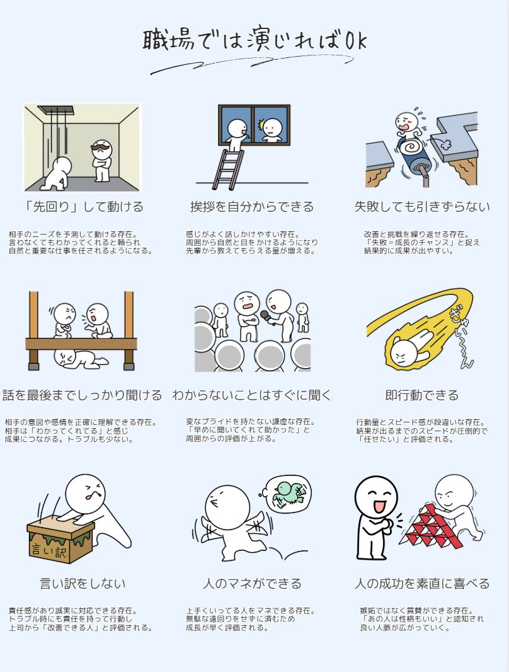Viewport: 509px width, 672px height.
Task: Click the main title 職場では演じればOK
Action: pyautogui.click(x=254, y=42)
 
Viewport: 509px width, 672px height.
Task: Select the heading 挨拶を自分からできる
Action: pyautogui.click(x=252, y=207)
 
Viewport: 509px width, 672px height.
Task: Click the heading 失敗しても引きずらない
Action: pyautogui.click(x=422, y=207)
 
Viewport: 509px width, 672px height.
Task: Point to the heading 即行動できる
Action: pyautogui.click(x=422, y=395)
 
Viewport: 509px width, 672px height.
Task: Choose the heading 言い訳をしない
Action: pyautogui.click(x=83, y=583)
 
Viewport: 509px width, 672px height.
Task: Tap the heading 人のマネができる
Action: pyautogui.click(x=252, y=583)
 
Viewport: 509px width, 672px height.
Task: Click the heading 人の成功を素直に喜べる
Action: pyautogui.click(x=422, y=583)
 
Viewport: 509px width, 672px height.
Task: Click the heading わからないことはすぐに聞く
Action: pyautogui.click(x=252, y=395)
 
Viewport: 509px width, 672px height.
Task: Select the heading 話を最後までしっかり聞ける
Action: pyautogui.click(x=83, y=395)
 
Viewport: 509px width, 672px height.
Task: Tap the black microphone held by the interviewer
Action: pyautogui.click(x=266, y=316)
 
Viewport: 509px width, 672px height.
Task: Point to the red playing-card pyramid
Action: pyautogui.click(x=430, y=526)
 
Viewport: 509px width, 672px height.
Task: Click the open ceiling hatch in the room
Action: pyautogui.click(x=55, y=110)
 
